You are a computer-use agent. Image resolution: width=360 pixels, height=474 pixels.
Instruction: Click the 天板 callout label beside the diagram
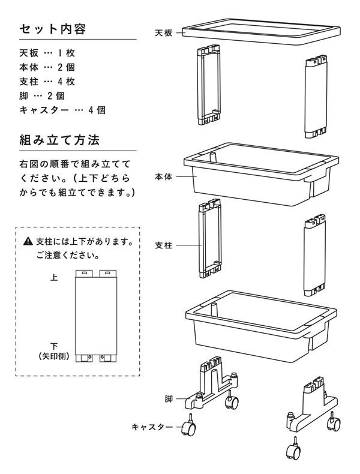tap(163, 33)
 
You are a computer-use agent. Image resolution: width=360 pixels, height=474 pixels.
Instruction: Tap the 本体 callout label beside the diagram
tap(163, 177)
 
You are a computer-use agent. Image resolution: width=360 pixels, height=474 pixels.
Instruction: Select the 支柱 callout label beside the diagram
tap(163, 245)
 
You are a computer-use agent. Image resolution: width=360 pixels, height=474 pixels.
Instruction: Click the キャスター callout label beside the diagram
tap(152, 427)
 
